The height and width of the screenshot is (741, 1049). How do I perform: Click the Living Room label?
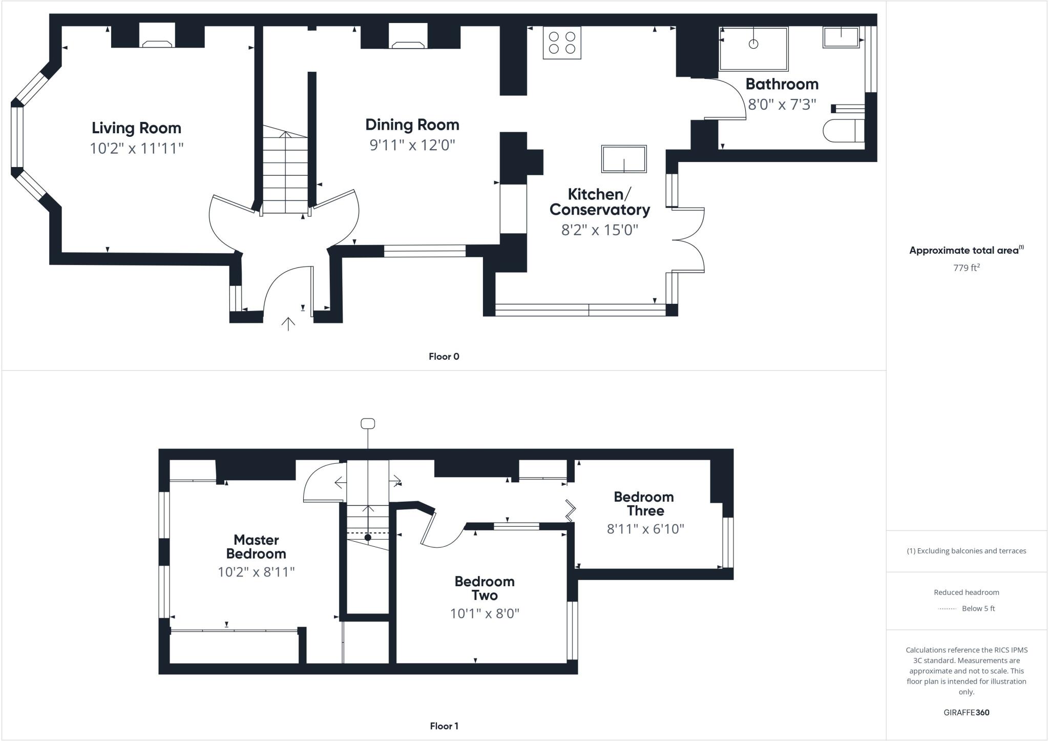136,128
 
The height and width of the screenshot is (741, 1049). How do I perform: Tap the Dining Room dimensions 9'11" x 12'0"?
412,145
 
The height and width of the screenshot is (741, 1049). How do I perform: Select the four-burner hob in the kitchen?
562,43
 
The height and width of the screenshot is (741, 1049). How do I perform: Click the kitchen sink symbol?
624,159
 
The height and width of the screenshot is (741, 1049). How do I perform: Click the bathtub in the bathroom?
753,49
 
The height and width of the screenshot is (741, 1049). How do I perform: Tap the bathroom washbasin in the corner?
841,37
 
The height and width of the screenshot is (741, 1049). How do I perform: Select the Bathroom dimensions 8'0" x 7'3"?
782,105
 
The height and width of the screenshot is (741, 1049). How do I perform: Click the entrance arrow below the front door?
288,324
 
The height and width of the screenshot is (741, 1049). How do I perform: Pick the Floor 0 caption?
444,357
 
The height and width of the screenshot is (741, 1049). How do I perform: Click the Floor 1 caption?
444,726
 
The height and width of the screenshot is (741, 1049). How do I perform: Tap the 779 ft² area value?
966,267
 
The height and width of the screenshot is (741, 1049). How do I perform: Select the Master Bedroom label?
256,547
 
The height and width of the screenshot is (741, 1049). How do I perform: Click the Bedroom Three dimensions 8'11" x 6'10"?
645,529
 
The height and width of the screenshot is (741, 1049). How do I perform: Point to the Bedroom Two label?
485,588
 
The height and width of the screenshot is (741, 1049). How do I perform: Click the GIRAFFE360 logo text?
966,712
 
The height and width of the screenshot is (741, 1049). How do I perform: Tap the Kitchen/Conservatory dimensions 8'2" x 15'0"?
600,230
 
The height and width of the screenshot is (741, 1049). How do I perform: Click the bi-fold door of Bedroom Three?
570,510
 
